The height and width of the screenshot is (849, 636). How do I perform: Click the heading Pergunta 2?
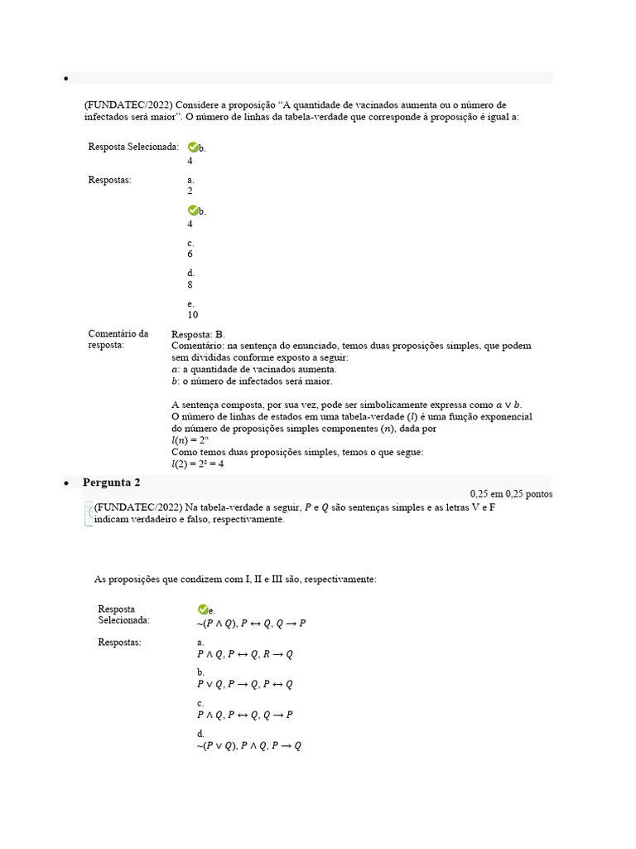[111, 483]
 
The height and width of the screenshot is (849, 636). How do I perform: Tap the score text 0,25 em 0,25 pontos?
[511, 493]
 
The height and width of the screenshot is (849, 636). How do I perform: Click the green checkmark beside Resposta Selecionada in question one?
[193, 147]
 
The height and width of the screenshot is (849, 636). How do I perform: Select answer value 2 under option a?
[190, 191]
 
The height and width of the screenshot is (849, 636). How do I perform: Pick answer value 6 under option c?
[190, 254]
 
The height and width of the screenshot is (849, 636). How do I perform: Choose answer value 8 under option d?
[190, 284]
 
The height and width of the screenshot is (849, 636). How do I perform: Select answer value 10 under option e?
[192, 315]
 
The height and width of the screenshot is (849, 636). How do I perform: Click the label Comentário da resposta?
[118, 339]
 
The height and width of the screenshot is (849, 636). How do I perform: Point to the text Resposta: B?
[198, 334]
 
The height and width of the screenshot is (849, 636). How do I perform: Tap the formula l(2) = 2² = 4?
[197, 463]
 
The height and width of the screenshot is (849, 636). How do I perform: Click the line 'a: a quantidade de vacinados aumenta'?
[253, 369]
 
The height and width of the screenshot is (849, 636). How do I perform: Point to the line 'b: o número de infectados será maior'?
[251, 381]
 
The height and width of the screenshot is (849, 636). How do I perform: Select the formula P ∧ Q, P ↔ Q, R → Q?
[245, 654]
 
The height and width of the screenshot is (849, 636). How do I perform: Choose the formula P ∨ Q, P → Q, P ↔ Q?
[245, 685]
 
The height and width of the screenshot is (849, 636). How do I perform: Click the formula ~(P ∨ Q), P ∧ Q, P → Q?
[249, 745]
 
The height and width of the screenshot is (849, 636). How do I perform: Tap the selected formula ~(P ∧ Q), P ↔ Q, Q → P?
[251, 623]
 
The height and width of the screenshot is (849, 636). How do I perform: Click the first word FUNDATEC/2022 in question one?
[128, 105]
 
